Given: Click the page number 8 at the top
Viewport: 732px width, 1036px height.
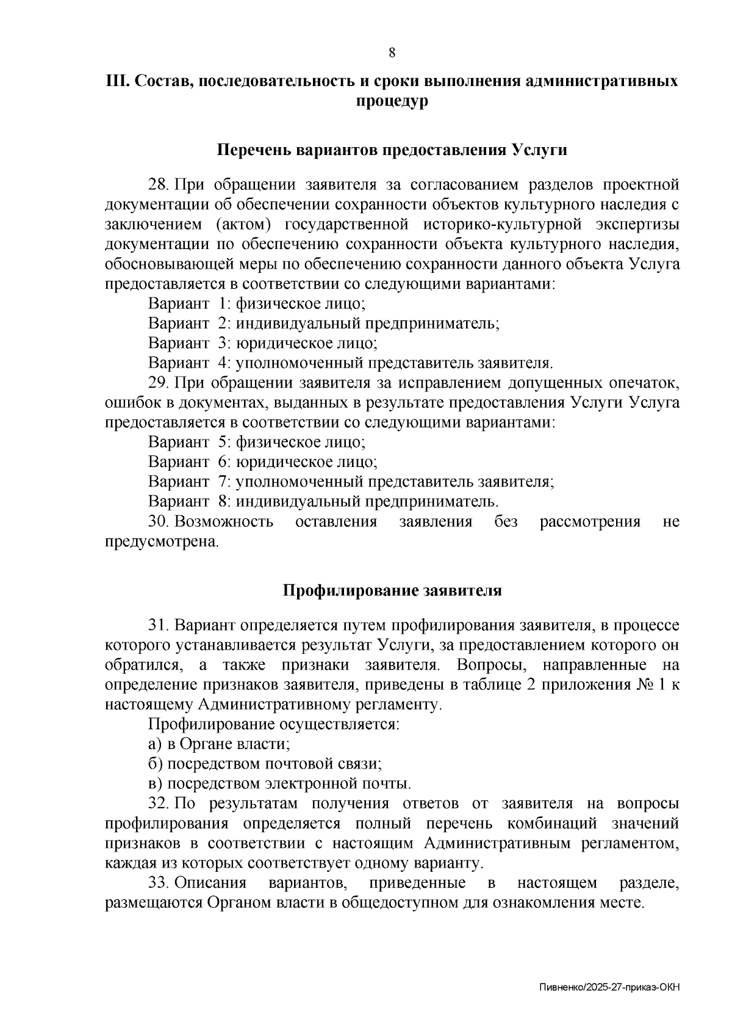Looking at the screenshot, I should [x=392, y=53].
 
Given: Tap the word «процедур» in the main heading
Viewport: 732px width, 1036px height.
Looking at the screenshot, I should [x=392, y=101].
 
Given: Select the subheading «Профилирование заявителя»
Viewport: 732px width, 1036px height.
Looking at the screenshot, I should [x=392, y=590].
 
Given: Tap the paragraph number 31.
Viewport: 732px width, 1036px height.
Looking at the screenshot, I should [x=157, y=626].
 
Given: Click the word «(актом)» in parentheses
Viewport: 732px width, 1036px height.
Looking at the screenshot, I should [x=244, y=224].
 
